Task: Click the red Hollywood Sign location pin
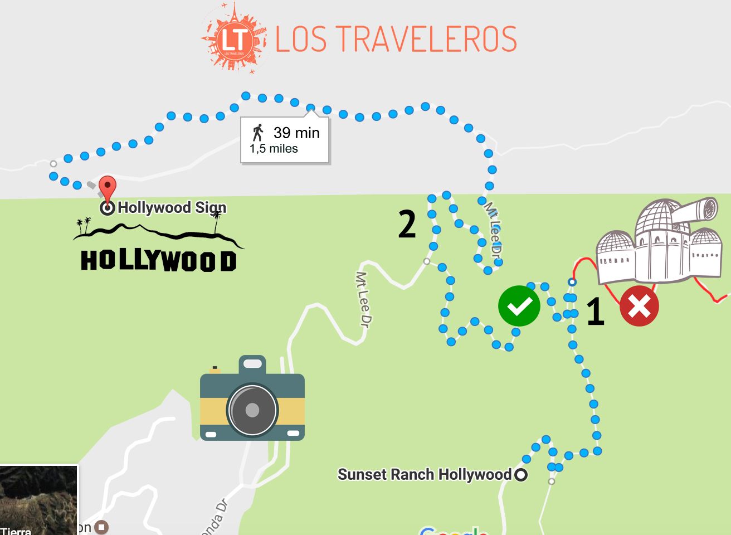(x=108, y=186)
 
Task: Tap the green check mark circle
(x=519, y=305)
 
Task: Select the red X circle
(x=639, y=306)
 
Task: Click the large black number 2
(x=407, y=225)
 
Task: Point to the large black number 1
(x=595, y=311)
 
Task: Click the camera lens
(x=252, y=410)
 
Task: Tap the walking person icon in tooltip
(x=257, y=133)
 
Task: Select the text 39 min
(x=296, y=133)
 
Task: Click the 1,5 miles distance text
(x=274, y=149)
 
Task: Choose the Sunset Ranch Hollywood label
(x=424, y=475)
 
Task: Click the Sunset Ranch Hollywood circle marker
(x=521, y=475)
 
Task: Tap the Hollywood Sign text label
(x=172, y=208)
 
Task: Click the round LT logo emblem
(x=233, y=38)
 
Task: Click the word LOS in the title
(x=301, y=39)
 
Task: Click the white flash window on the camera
(x=252, y=364)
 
